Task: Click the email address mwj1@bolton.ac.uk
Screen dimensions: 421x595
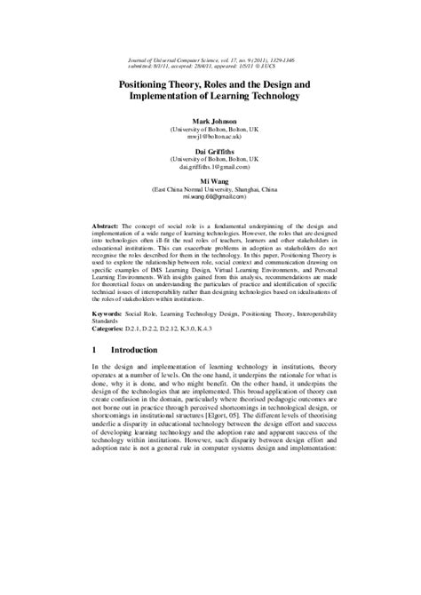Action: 210,138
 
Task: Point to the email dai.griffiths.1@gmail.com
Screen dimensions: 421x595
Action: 210,168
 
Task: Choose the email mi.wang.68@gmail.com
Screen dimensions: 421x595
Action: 210,198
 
